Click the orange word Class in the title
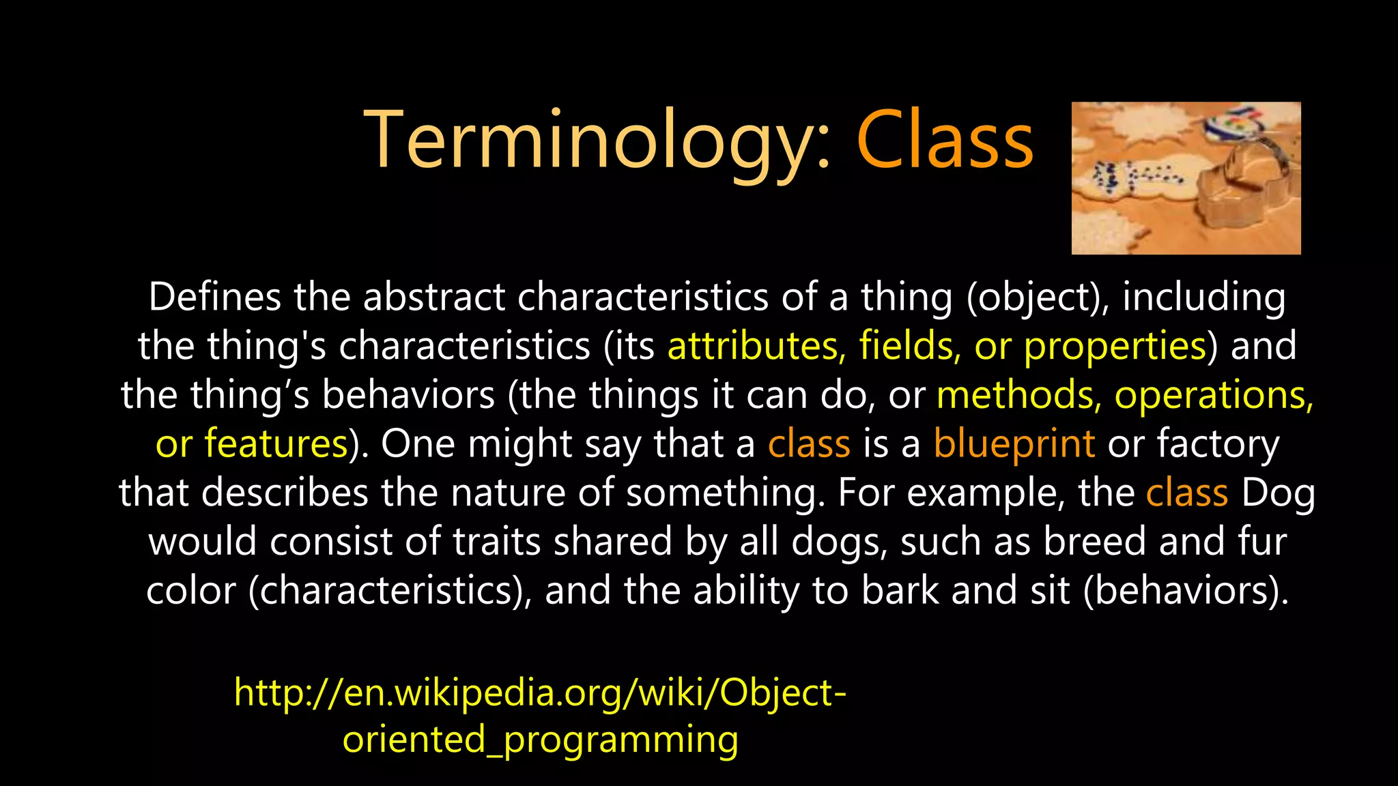pos(945,142)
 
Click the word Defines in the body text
pos(215,297)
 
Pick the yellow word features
pos(277,444)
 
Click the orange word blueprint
pos(1014,444)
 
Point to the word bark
pos(900,591)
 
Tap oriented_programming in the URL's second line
pos(540,740)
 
